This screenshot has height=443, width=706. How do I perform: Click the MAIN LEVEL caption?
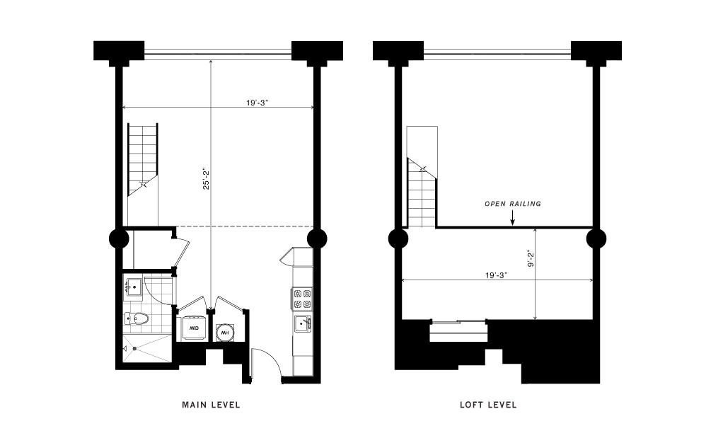tap(211, 404)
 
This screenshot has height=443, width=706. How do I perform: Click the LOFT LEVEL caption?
tap(488, 404)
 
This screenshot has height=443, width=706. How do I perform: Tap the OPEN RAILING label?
tap(512, 204)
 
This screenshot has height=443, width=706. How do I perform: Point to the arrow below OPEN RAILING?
tap(512, 217)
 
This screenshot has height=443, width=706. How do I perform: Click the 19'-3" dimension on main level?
tap(257, 102)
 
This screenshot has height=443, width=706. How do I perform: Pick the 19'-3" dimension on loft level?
tap(497, 275)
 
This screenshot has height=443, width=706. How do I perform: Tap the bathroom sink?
tap(133, 287)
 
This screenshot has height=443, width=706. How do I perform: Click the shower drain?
tap(134, 348)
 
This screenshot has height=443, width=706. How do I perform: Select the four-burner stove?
tap(303, 299)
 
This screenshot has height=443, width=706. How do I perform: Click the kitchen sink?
tap(303, 323)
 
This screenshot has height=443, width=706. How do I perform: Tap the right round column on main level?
tap(316, 238)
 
